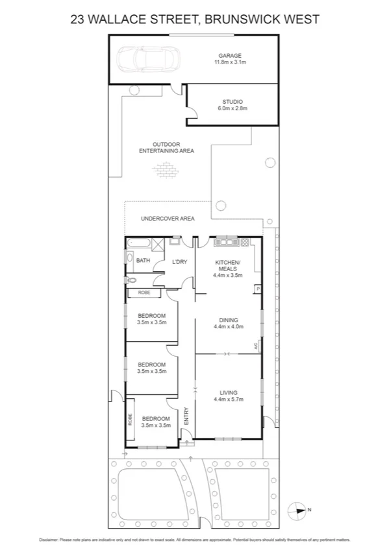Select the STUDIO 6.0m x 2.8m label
click(x=232, y=105)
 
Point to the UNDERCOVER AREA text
click(x=168, y=219)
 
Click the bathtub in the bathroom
click(x=138, y=244)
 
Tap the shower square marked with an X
click(x=158, y=244)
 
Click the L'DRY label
click(x=179, y=261)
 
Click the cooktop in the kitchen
click(x=245, y=243)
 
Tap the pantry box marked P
click(x=258, y=289)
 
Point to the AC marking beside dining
click(x=257, y=346)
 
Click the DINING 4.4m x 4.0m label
click(x=228, y=323)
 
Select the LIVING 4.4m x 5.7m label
click(x=228, y=396)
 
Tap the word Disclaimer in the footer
click(x=49, y=539)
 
